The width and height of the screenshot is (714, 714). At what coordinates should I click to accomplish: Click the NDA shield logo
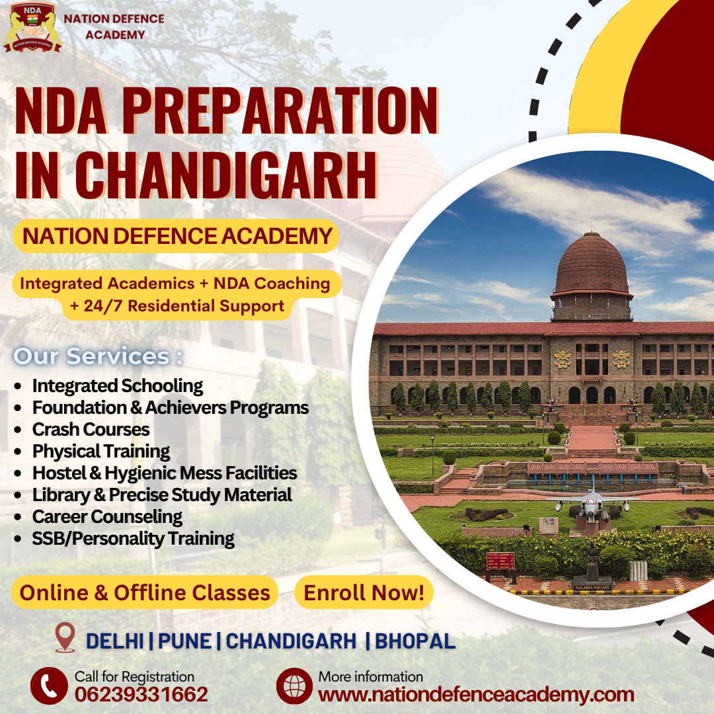(x=32, y=27)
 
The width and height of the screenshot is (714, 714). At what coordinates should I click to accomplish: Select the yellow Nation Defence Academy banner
(x=177, y=236)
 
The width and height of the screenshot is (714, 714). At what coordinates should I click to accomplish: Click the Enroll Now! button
(x=364, y=592)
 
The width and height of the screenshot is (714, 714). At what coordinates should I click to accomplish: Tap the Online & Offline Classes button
(x=145, y=592)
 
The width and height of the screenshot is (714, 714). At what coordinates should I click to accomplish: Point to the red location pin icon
(x=65, y=638)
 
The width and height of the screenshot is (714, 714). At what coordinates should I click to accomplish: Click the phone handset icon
(x=49, y=686)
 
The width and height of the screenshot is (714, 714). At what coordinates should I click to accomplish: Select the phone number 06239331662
(x=141, y=694)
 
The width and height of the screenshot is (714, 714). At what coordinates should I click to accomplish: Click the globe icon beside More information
(x=294, y=686)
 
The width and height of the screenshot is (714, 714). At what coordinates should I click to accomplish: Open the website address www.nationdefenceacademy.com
(x=476, y=695)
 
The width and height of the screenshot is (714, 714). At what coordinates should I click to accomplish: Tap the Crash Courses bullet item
(x=91, y=429)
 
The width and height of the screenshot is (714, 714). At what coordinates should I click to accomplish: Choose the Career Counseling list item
(x=107, y=516)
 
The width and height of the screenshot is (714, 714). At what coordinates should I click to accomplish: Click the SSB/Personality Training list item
(x=133, y=538)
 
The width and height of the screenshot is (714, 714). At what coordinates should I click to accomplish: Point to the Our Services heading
(x=98, y=356)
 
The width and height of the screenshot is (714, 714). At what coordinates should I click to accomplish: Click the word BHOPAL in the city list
(x=415, y=641)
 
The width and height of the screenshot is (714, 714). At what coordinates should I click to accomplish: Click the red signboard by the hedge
(x=500, y=561)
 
